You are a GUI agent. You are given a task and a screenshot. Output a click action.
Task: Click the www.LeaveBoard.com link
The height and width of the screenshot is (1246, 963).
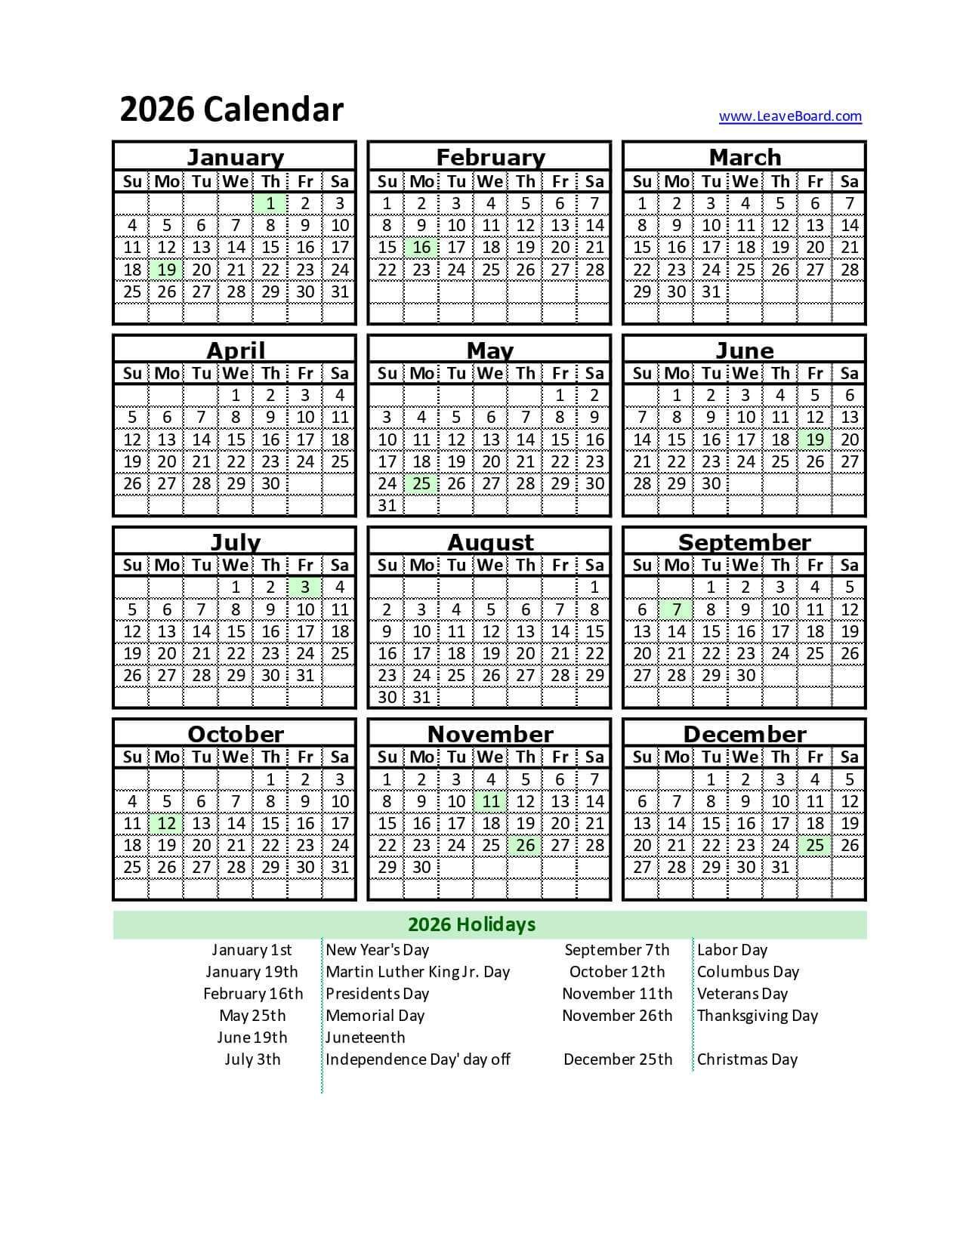(790, 116)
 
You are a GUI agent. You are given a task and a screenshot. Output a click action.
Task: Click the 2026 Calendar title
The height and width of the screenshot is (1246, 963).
(231, 109)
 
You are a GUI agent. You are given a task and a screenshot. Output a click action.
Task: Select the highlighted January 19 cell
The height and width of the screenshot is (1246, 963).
(167, 270)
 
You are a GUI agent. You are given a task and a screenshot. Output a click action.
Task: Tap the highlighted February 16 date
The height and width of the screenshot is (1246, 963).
(421, 248)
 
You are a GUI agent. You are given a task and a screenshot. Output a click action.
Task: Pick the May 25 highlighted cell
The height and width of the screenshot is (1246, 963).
(421, 483)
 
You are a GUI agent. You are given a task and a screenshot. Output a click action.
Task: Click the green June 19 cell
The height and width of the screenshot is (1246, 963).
(815, 439)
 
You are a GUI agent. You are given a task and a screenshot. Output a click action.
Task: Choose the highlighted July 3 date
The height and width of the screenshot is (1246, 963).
(305, 587)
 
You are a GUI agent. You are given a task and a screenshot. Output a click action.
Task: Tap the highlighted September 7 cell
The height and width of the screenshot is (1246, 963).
(677, 609)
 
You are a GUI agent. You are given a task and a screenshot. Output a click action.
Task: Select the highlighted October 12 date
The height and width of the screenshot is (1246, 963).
(167, 823)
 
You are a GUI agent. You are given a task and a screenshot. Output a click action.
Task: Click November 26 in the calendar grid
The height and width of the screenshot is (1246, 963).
(526, 845)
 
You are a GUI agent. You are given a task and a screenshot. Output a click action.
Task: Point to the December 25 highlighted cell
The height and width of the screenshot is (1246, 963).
(815, 845)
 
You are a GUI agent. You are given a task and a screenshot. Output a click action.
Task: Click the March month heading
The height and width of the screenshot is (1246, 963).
(745, 157)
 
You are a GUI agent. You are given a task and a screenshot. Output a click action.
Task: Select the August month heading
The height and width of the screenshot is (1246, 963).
(490, 542)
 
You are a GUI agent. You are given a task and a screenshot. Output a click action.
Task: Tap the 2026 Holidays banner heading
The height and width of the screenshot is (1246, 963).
(471, 924)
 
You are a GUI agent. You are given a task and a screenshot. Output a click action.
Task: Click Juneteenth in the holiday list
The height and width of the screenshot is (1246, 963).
(365, 1038)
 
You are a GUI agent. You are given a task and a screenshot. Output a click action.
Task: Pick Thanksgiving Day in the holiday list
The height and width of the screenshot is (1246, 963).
(757, 1016)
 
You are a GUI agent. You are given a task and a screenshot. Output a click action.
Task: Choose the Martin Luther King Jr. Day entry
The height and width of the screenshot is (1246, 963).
(417, 972)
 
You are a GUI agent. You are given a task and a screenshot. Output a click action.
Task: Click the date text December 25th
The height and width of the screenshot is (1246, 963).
(617, 1059)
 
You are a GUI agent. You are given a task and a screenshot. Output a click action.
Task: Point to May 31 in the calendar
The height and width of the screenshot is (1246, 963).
(387, 505)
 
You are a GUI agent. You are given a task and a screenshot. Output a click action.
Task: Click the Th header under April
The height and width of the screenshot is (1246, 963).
(270, 373)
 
